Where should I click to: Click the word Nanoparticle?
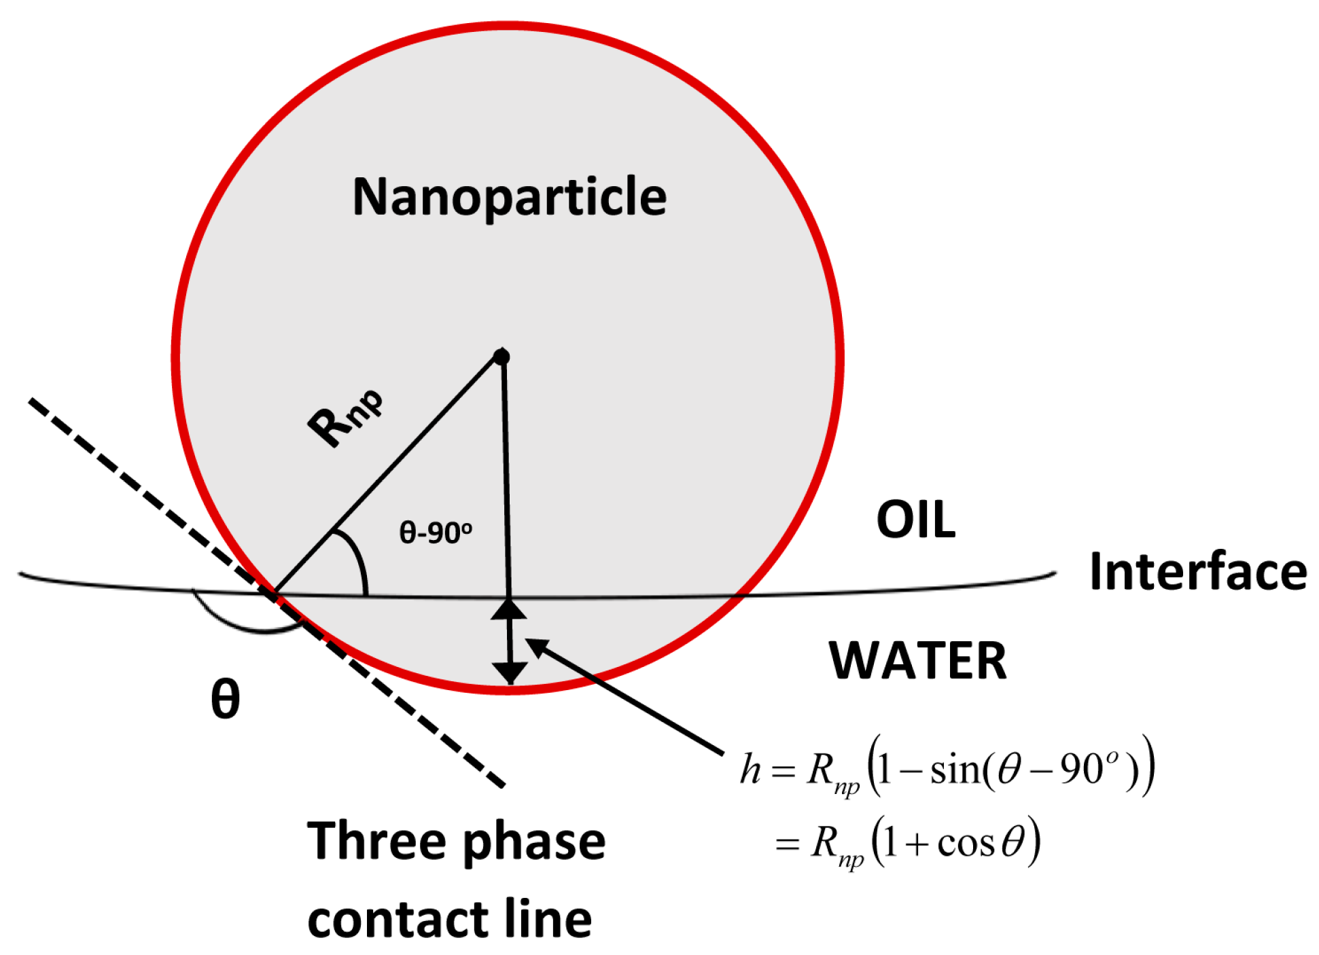[509, 197]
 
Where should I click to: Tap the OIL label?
[915, 520]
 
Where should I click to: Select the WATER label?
[917, 660]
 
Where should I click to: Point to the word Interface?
[1197, 572]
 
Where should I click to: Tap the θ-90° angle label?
[435, 533]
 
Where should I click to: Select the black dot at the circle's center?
[502, 357]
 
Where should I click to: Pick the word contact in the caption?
[398, 920]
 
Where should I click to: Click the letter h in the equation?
[750, 769]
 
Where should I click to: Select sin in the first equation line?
[955, 770]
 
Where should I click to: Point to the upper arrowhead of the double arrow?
[508, 609]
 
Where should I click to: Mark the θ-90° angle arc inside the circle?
[357, 556]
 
